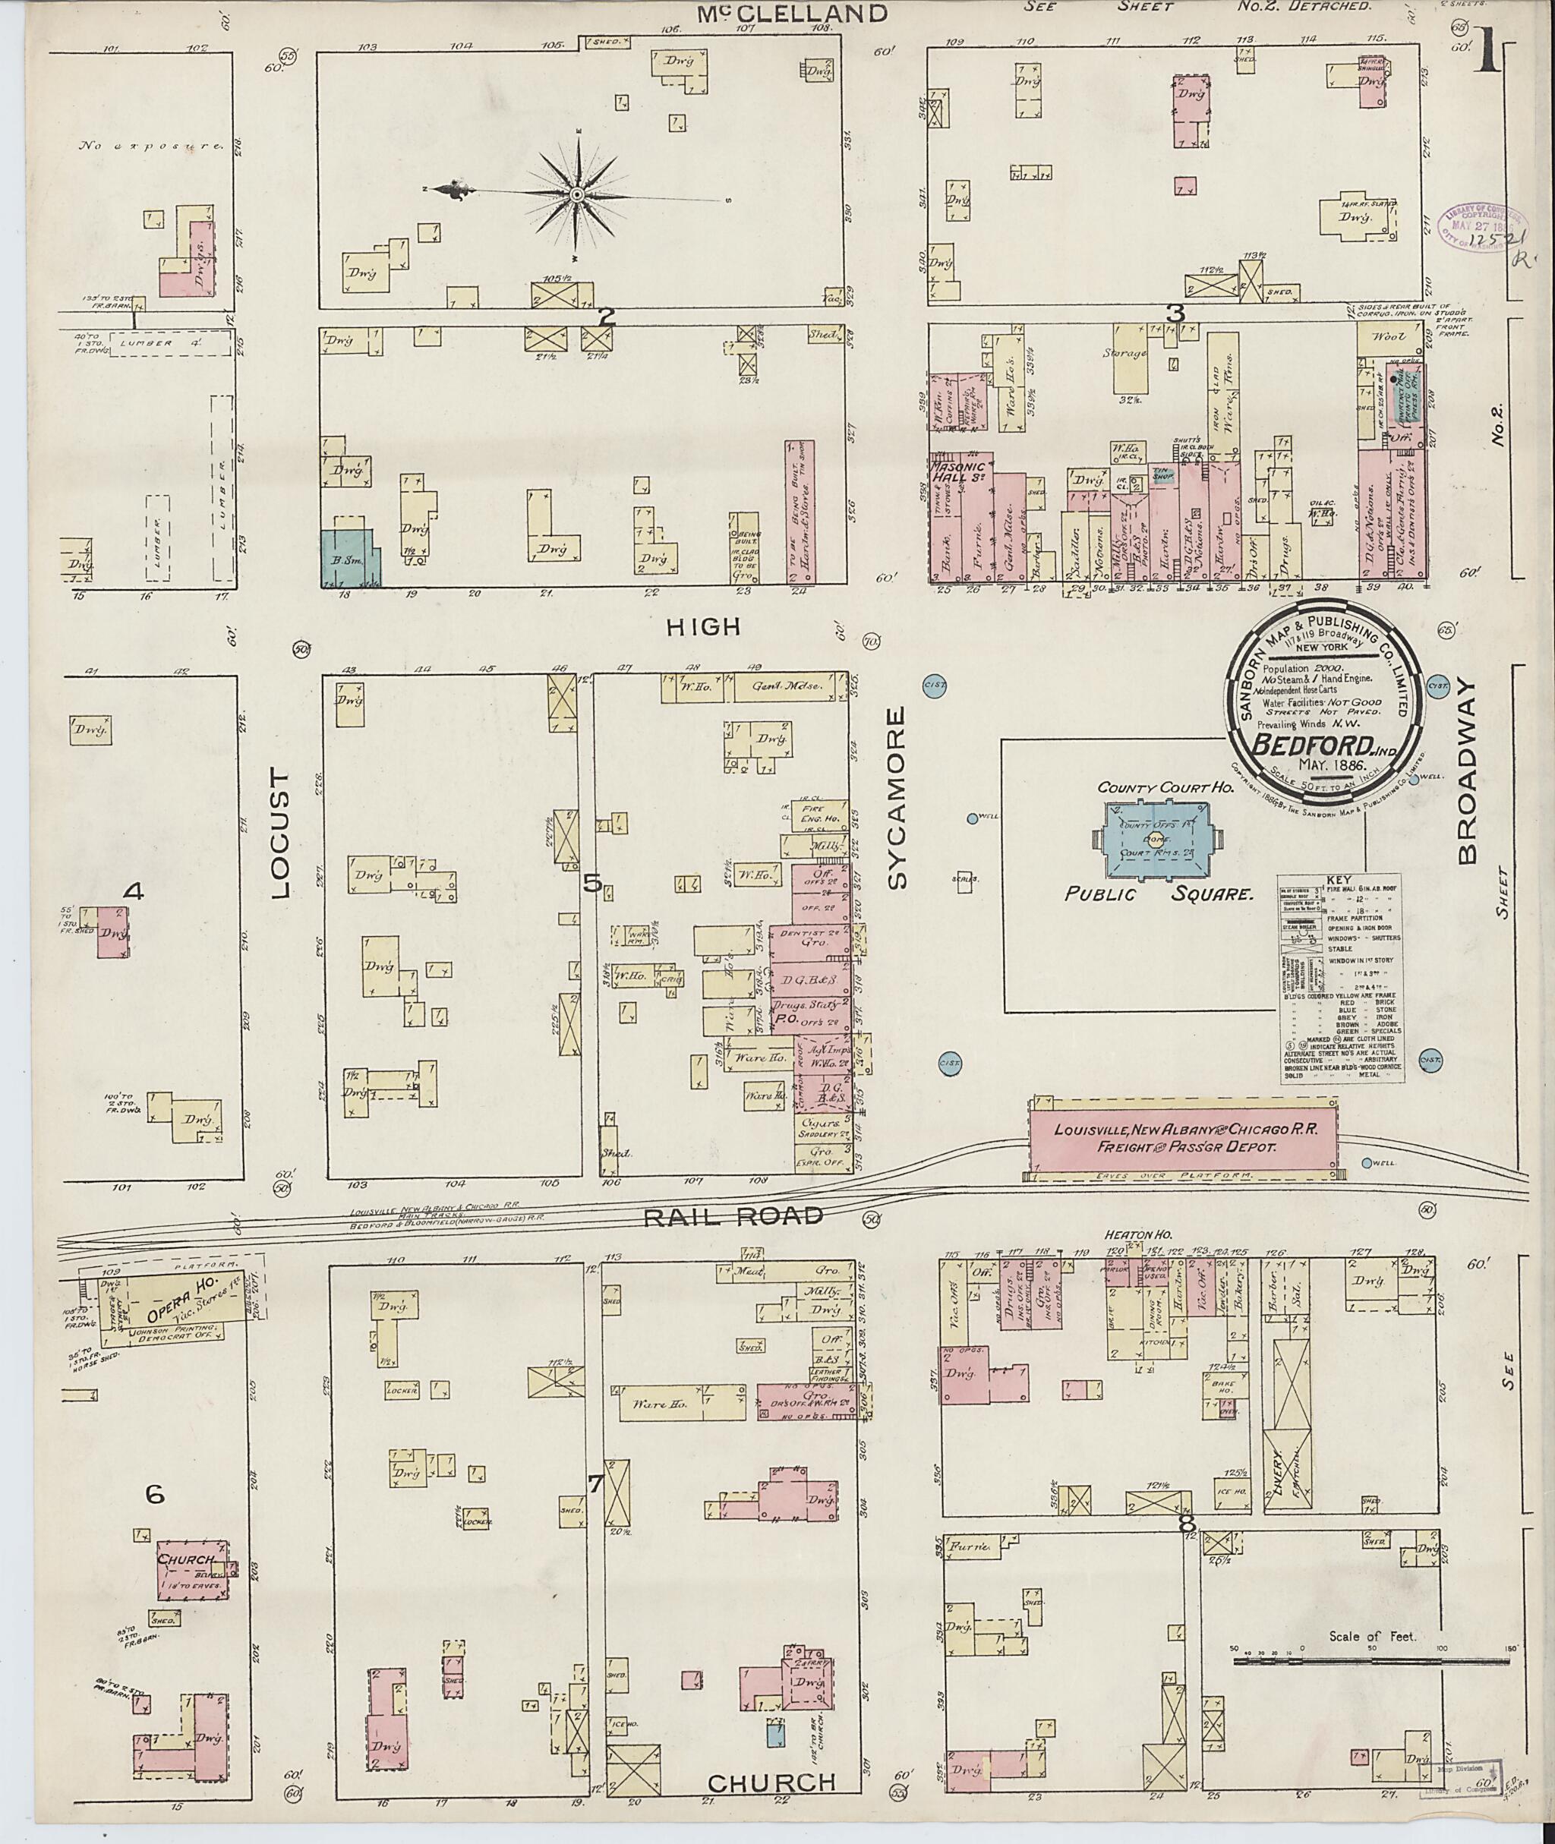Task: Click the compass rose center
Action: click(x=576, y=194)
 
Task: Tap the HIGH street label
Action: click(x=702, y=627)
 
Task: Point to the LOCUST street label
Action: click(x=280, y=832)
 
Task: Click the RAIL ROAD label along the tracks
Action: click(x=733, y=1216)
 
